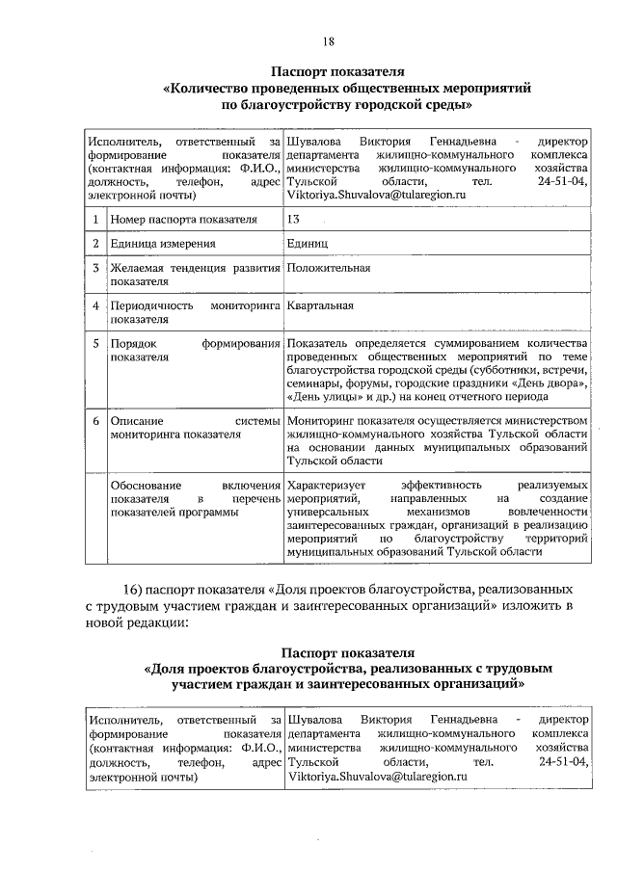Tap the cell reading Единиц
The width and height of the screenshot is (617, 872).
click(308, 244)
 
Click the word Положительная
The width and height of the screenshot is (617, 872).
click(329, 268)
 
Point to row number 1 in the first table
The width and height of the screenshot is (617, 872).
click(96, 220)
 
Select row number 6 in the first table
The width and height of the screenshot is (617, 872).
click(96, 421)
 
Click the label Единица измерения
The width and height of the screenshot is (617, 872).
click(161, 244)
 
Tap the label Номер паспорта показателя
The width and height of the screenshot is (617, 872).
click(183, 220)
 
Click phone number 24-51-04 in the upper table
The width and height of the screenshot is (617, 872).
click(562, 180)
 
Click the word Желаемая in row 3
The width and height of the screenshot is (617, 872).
click(137, 268)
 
